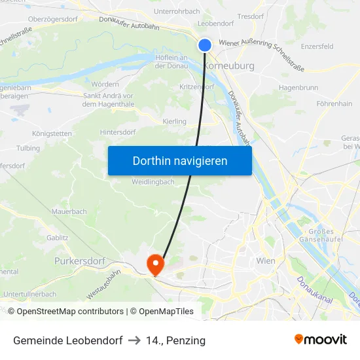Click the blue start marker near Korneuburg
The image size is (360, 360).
(x=205, y=45)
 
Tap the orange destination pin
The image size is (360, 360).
(x=155, y=264)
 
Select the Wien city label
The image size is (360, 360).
(x=266, y=261)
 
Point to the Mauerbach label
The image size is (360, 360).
(x=69, y=212)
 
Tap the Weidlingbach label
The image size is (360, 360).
(x=153, y=181)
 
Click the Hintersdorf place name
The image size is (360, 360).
(x=118, y=132)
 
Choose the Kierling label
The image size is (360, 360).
(x=174, y=121)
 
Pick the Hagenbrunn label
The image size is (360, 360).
(x=298, y=86)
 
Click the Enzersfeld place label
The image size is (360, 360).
(x=317, y=46)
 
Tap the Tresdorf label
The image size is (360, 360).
(x=250, y=16)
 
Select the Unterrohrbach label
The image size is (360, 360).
(x=176, y=11)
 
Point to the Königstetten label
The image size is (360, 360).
(x=52, y=134)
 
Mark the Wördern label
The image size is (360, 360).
(x=105, y=84)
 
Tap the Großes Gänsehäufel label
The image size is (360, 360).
(x=321, y=235)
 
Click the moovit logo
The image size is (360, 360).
(x=320, y=340)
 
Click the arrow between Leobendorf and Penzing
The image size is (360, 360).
(x=134, y=340)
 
